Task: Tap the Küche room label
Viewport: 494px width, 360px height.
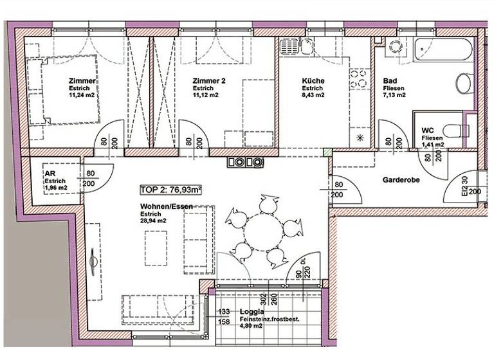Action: pyautogui.click(x=313, y=81)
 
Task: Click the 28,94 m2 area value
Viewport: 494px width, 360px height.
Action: pyautogui.click(x=154, y=221)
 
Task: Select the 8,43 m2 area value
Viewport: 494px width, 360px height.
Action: pyautogui.click(x=313, y=95)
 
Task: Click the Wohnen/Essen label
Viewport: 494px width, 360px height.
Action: pyautogui.click(x=166, y=207)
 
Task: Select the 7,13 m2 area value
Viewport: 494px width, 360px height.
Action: pyautogui.click(x=394, y=95)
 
